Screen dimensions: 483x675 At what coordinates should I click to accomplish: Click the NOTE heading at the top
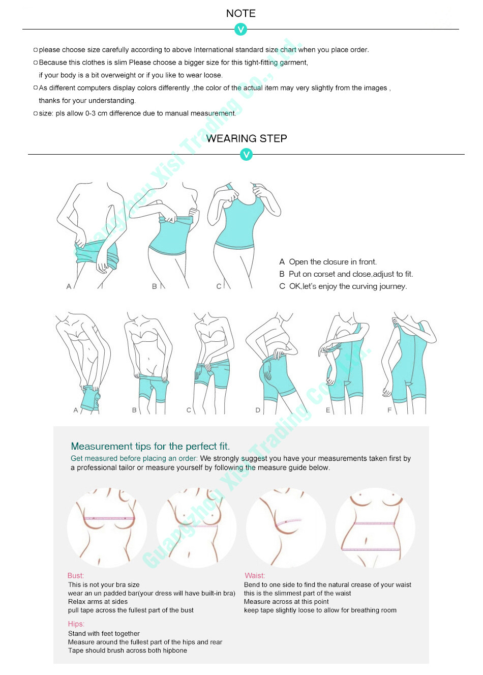point(240,13)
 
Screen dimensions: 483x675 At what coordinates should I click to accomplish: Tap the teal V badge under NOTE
point(240,29)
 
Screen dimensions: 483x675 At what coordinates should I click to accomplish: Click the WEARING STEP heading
point(246,138)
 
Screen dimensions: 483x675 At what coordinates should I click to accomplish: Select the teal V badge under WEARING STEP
point(246,155)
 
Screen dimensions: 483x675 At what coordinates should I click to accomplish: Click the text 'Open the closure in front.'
point(333,262)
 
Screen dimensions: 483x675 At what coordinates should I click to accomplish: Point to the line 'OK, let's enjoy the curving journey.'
point(348,286)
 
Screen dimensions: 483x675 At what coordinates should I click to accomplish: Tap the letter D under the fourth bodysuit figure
point(258,410)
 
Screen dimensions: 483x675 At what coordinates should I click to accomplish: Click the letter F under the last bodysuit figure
point(389,410)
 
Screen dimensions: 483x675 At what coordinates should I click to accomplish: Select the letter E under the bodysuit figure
point(328,410)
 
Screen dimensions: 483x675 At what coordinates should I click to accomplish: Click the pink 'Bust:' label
point(76,576)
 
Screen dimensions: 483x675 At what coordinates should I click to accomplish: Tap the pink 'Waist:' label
point(255,576)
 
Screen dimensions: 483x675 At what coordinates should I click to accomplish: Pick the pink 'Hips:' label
point(76,624)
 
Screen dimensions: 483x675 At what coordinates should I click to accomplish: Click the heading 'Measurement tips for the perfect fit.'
point(150,446)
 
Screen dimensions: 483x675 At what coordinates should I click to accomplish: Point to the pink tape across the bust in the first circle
point(109,519)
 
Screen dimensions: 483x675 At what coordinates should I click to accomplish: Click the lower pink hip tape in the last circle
point(371,550)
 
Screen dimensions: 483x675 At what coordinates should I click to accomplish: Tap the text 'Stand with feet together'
point(104,633)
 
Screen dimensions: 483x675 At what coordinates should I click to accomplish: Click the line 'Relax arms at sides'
point(98,601)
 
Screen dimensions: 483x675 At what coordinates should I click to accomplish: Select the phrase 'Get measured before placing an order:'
point(134,458)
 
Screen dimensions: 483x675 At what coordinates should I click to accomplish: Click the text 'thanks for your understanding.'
point(87,101)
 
